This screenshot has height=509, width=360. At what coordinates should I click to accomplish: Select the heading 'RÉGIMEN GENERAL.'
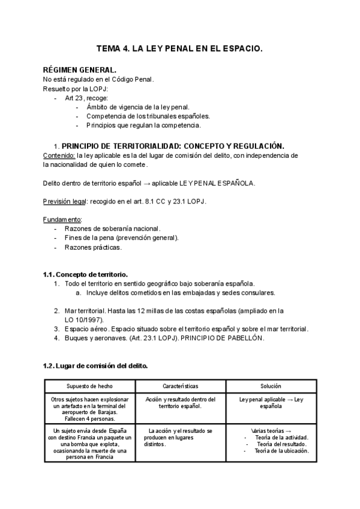click(x=80, y=70)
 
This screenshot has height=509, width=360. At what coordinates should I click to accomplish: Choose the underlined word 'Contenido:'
click(x=59, y=155)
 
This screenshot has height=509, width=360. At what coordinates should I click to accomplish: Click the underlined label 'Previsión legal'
click(x=65, y=201)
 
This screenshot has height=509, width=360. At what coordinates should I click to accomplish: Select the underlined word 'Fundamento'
click(x=62, y=219)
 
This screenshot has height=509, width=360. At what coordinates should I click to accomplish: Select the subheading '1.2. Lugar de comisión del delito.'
click(x=95, y=366)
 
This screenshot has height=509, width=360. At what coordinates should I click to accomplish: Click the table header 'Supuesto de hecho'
click(x=89, y=386)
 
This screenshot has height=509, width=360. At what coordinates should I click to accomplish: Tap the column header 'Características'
click(x=181, y=386)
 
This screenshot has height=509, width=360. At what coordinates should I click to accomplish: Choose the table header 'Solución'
click(x=271, y=386)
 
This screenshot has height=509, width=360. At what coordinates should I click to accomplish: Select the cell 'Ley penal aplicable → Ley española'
click(x=271, y=403)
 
